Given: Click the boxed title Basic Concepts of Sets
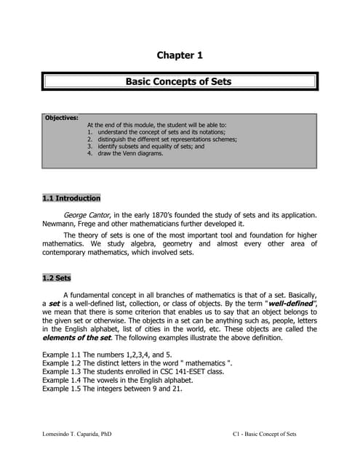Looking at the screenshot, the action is point(179,81).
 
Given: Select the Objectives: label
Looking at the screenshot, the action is point(62,118).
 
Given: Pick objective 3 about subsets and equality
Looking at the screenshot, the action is point(145,146).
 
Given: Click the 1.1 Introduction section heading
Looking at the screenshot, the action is point(71,198).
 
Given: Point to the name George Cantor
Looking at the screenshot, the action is point(87,216).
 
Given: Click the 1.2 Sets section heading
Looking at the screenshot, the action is point(55,278).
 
